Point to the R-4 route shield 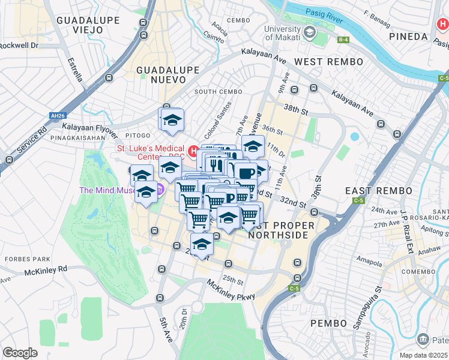coord(343,40)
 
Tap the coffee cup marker coord(245,173)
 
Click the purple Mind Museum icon coord(160,191)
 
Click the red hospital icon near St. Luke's coord(193,151)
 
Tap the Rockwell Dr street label coord(19,46)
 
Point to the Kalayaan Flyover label coord(89,127)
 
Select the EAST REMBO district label coord(372,190)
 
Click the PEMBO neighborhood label coord(328,323)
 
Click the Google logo coord(20,352)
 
